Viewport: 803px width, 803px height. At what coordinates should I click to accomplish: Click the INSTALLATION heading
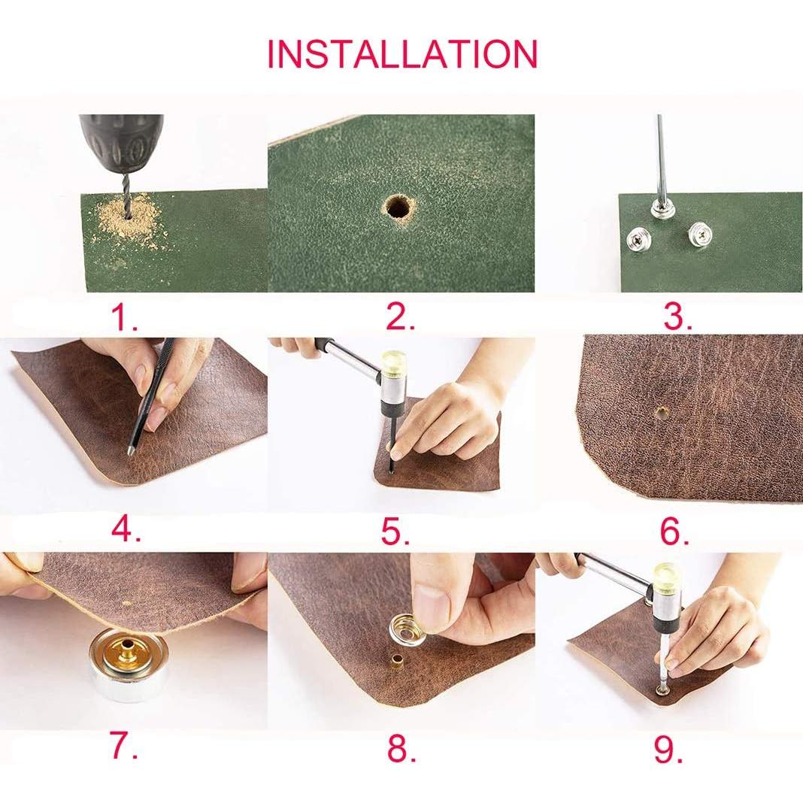402,53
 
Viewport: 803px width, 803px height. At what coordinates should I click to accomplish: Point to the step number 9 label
668,749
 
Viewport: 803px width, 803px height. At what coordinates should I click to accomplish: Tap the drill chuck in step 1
121,143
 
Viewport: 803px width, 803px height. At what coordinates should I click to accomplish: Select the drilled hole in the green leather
399,208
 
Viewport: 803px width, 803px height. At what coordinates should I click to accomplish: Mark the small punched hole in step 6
662,411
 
